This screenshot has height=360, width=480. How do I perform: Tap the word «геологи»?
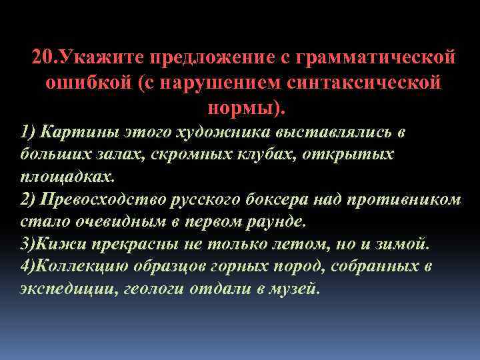click(x=157, y=290)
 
